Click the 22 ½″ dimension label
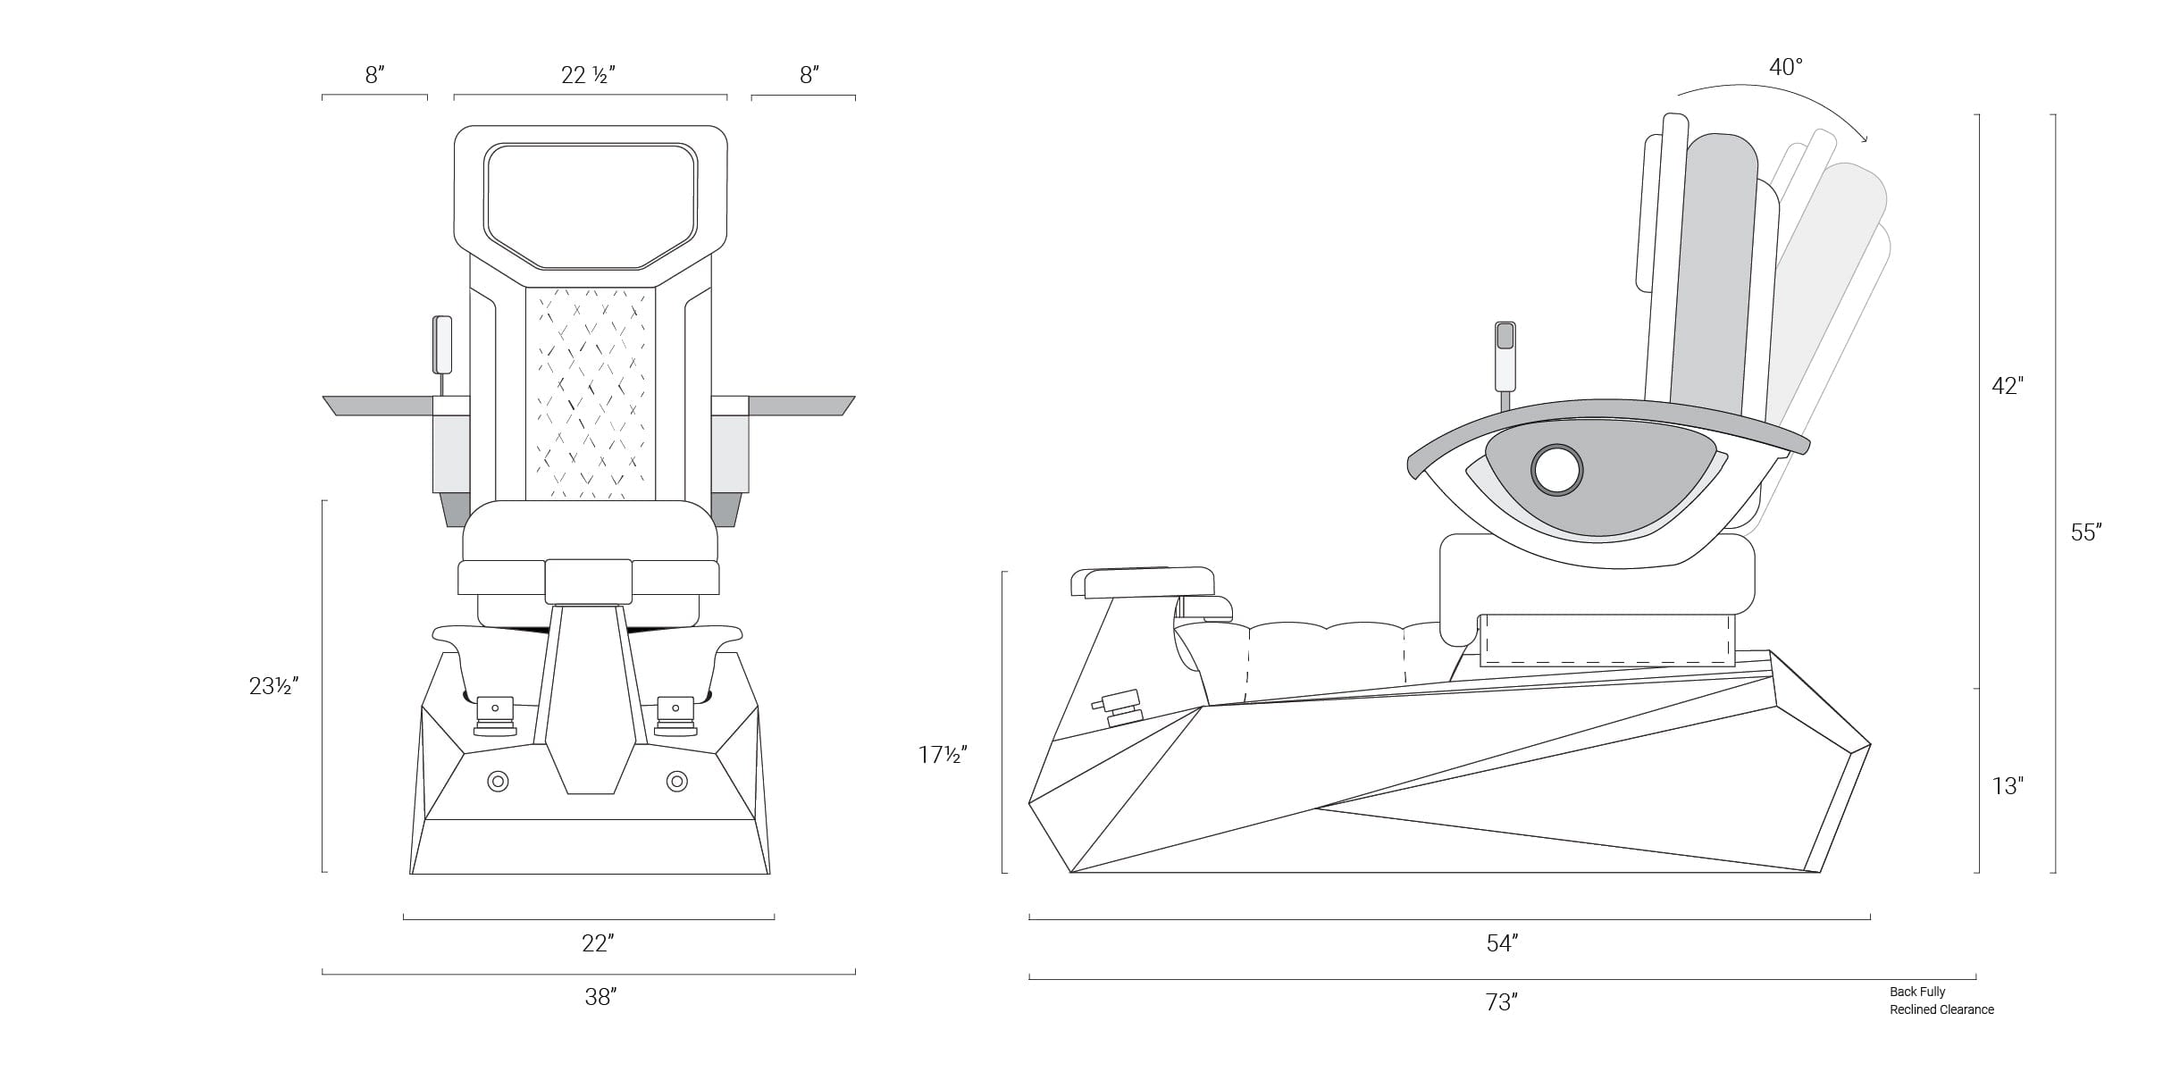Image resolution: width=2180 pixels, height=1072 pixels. point(588,75)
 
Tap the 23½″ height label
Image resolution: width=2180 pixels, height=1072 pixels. point(273,686)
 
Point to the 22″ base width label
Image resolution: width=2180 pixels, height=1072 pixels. point(598,943)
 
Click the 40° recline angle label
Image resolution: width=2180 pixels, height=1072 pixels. point(1786,67)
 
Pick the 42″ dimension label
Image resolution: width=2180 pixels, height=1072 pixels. point(2008,386)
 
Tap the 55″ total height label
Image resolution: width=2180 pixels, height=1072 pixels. point(2086,532)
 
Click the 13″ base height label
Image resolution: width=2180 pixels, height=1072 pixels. point(2008,786)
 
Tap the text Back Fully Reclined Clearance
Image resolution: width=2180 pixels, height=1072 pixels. point(1941,1001)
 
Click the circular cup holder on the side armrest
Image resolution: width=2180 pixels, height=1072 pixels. point(1556,470)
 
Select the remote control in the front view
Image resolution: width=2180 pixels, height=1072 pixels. point(442,345)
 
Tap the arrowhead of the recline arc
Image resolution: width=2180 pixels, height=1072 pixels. point(1861,138)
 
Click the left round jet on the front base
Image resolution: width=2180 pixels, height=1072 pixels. point(498,783)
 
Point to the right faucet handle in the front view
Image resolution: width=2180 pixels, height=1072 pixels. point(675,716)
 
